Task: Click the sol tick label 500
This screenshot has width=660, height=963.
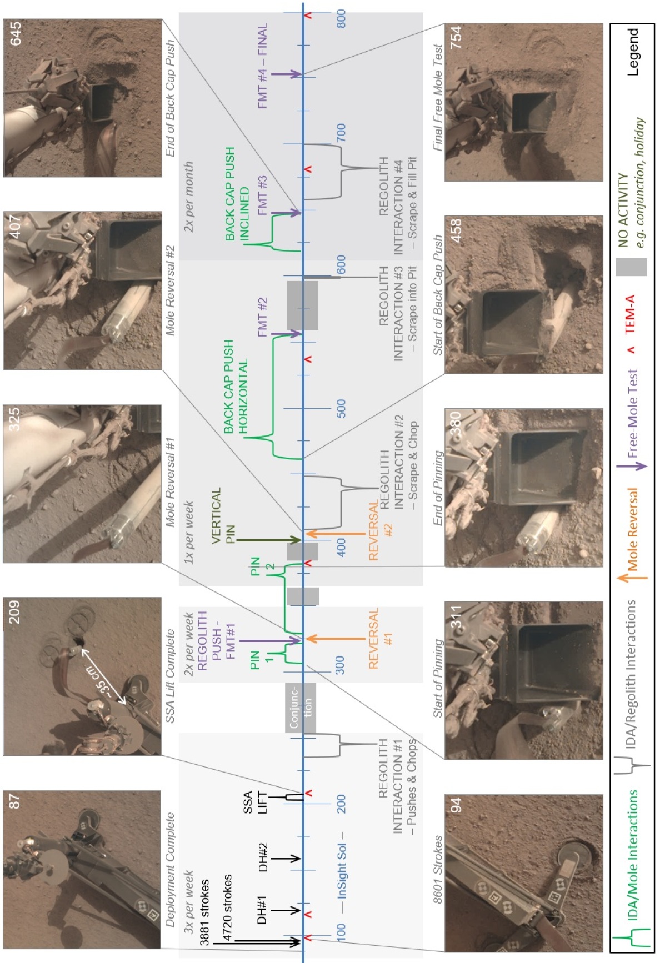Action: (x=341, y=408)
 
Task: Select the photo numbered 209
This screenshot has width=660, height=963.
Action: (x=82, y=676)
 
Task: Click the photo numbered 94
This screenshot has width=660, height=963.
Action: (x=523, y=873)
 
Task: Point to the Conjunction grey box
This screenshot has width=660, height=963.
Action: (x=301, y=708)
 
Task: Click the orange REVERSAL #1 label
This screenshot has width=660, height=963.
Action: (x=381, y=638)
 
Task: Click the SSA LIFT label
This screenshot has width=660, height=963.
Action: (x=255, y=802)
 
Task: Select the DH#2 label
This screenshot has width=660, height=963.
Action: (x=262, y=857)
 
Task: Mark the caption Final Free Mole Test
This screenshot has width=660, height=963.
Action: (x=438, y=97)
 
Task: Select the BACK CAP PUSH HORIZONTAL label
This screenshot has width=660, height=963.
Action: (x=236, y=387)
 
